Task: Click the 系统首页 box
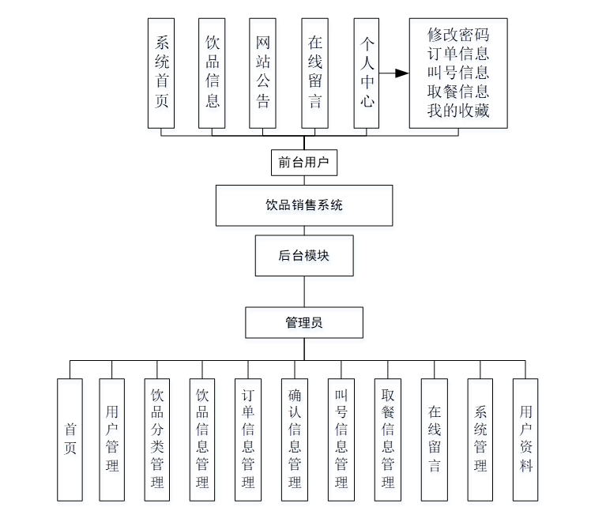point(162,73)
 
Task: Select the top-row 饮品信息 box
point(213,73)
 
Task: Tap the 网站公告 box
point(262,73)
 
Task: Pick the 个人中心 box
point(367,73)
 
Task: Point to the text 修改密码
point(457,36)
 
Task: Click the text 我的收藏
point(457,111)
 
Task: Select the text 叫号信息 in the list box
point(457,73)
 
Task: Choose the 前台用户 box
point(303,163)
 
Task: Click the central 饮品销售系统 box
point(303,205)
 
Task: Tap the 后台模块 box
point(303,255)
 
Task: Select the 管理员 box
point(303,323)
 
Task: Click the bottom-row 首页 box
point(70,439)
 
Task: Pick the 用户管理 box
point(112,439)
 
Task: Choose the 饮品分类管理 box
point(158,439)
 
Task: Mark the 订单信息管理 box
point(248,439)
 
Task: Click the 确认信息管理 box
point(295,439)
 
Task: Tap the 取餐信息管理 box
point(387,439)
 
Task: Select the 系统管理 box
point(480,439)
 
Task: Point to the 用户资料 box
point(525,439)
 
